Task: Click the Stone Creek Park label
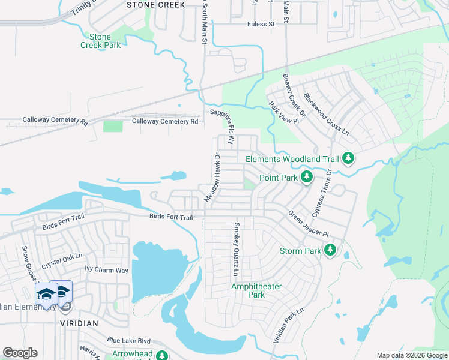point(101,41)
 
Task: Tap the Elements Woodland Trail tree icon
point(348,159)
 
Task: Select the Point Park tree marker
point(307,177)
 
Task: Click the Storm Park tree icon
point(330,250)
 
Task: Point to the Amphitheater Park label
point(256,290)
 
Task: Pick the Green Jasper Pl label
point(309,223)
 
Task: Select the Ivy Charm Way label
point(106,270)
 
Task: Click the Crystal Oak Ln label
point(61,261)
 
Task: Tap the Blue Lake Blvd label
point(129,339)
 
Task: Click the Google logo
point(20,353)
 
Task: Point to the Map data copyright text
point(411,355)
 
